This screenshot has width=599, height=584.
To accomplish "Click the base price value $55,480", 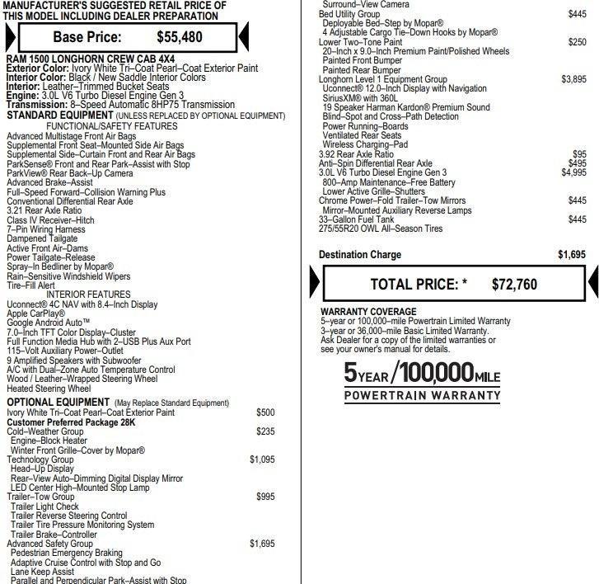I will [x=179, y=37].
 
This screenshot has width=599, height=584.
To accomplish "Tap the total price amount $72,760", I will [x=514, y=285].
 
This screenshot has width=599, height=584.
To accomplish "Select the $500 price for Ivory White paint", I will [x=265, y=412].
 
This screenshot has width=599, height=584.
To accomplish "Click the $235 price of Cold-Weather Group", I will [x=265, y=431].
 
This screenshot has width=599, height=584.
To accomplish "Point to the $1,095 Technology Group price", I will [x=262, y=459].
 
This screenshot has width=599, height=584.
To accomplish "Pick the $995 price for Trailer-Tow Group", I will [x=265, y=497].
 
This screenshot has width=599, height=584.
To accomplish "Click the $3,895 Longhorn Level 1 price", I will [x=573, y=79].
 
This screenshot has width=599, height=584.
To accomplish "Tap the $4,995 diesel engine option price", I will [x=573, y=172].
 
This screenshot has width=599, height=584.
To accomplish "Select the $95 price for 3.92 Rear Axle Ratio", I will [x=579, y=154].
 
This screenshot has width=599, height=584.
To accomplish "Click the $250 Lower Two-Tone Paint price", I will [x=577, y=42].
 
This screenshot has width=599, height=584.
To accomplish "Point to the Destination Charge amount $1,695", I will [x=571, y=255].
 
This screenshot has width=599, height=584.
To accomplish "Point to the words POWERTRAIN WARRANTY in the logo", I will [x=421, y=395].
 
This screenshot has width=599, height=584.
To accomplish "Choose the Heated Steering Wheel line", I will [x=49, y=389].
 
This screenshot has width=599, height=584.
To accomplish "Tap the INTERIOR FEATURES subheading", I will [x=88, y=294].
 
